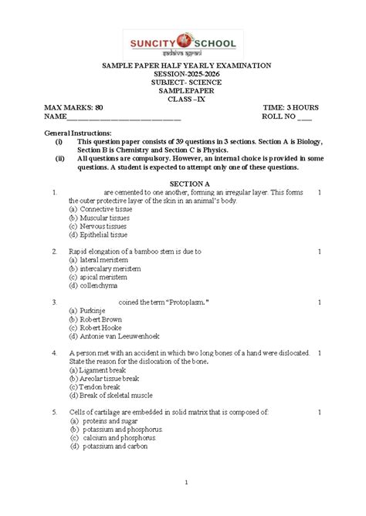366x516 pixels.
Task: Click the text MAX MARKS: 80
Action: click(74, 106)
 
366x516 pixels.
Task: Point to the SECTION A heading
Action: click(182, 183)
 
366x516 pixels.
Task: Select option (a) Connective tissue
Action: click(100, 209)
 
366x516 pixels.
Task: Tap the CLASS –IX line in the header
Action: click(182, 99)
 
